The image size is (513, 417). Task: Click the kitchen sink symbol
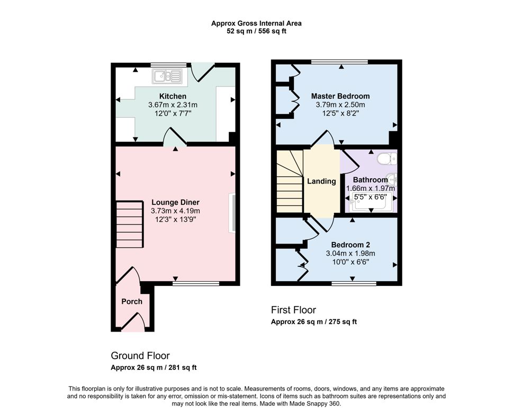[x=167, y=77]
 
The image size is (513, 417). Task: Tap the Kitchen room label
[x=173, y=96]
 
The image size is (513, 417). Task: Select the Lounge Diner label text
[x=175, y=202]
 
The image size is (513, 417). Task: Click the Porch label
[x=132, y=301]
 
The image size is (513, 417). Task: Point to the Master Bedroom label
[x=340, y=96]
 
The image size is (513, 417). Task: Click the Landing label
[x=321, y=181]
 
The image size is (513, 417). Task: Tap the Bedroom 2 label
[x=350, y=245]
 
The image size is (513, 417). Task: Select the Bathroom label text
[x=370, y=180]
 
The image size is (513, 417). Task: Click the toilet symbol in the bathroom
[x=386, y=158]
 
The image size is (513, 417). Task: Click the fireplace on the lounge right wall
[x=231, y=213]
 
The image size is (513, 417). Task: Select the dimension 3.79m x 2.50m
[x=340, y=105]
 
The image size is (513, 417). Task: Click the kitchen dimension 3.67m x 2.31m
[x=173, y=105]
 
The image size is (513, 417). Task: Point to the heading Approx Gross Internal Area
[x=256, y=23]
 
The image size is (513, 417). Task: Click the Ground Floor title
[x=140, y=355]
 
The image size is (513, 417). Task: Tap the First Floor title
[x=293, y=310]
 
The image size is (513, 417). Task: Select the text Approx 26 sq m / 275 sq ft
[x=313, y=322]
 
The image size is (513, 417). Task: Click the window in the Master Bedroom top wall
[x=339, y=62]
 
